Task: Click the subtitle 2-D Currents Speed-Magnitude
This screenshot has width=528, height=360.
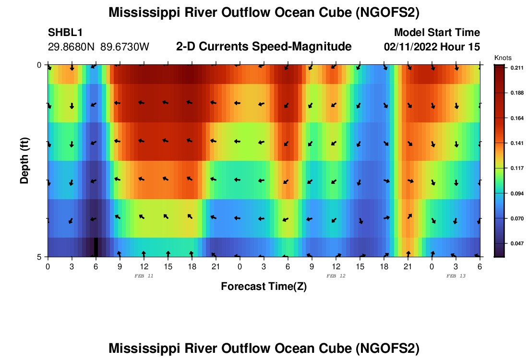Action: click(264, 47)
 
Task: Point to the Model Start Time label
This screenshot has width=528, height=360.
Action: click(437, 33)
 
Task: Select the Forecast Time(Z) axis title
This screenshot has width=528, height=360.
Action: click(264, 287)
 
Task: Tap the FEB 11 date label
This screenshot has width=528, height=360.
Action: click(144, 276)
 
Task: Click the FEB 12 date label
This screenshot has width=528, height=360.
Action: click(336, 276)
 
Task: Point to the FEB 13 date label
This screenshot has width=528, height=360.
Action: click(456, 276)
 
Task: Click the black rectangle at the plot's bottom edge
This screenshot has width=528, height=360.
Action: click(96, 247)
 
